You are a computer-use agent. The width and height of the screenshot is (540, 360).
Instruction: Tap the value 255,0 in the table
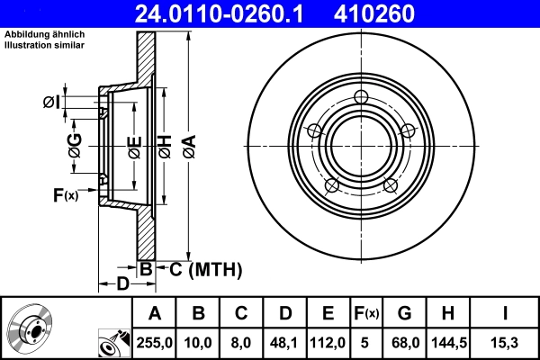[156, 343]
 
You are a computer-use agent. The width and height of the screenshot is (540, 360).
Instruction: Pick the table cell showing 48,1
[284, 343]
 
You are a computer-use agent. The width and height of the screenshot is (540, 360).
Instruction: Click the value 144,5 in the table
[447, 343]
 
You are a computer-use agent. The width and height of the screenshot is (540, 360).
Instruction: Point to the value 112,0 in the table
[328, 343]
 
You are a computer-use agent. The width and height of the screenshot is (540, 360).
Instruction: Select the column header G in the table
[405, 313]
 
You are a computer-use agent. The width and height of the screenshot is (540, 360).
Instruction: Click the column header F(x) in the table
[365, 313]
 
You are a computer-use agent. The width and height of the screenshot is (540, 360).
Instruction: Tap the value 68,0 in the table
[405, 343]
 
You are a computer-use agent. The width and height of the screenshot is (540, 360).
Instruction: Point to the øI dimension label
[53, 102]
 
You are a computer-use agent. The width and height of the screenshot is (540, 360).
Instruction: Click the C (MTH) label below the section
[202, 267]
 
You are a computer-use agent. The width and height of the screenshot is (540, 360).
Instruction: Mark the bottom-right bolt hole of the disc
[391, 185]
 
